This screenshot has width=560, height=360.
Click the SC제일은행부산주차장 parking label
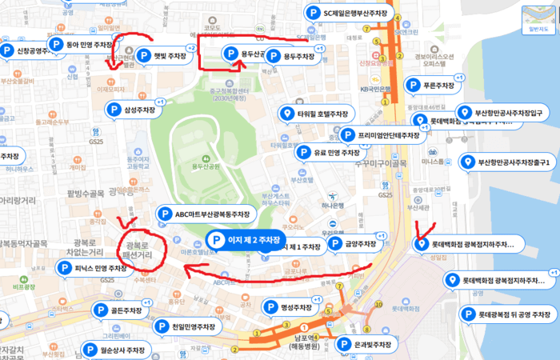359,13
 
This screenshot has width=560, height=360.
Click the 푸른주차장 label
438,86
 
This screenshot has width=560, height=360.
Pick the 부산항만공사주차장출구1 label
512,162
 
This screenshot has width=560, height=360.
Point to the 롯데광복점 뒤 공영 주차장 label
514,315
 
